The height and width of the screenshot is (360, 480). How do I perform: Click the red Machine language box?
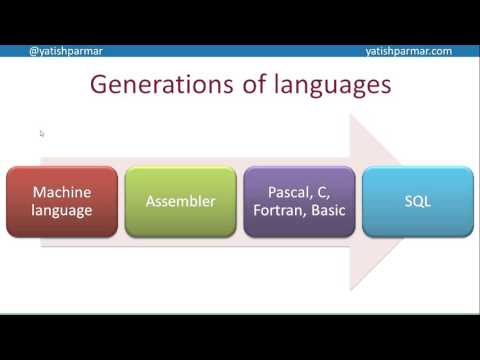(62, 201)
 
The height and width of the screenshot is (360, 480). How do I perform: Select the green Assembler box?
(181, 201)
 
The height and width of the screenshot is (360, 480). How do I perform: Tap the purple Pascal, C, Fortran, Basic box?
(299, 201)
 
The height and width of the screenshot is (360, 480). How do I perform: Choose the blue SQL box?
(417, 201)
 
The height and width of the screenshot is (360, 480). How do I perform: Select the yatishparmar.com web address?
(409, 50)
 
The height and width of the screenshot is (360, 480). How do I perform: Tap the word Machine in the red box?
(62, 191)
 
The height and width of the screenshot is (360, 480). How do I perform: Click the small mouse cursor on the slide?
(42, 133)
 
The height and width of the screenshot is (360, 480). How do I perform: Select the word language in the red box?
(62, 211)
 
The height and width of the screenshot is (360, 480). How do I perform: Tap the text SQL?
(417, 201)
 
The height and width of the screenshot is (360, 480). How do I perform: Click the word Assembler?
(181, 201)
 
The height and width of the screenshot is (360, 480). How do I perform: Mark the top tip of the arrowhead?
(350, 115)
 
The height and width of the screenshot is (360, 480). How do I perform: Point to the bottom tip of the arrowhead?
(350, 290)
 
